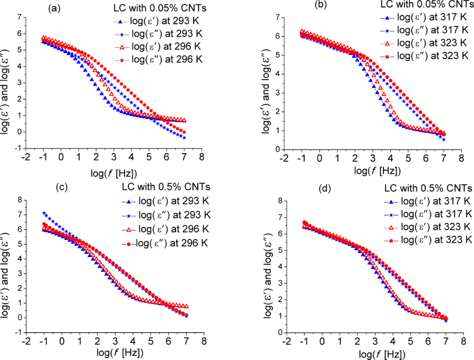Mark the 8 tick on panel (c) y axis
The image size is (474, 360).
pos(19,200)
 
